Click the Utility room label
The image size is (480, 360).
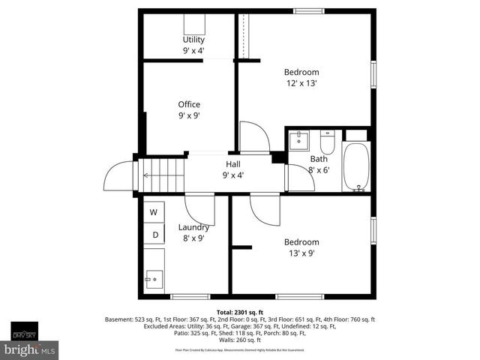pos(193,40)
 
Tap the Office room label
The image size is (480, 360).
pos(189,104)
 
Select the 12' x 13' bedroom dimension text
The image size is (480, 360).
pos(301,83)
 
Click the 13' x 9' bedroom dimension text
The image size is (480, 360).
pos(301,253)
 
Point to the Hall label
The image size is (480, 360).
pos(233,163)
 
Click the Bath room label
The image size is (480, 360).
pos(319,159)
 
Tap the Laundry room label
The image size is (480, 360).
pos(193,227)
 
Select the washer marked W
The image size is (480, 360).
pos(154,212)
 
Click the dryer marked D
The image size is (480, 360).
pos(154,235)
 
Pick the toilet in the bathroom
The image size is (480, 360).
pos(327,142)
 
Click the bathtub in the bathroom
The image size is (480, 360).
pos(355,166)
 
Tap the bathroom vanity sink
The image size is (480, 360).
pos(298,139)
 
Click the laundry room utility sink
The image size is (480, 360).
pos(154,279)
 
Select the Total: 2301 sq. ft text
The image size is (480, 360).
pos(240,312)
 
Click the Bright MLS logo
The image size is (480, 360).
pos(30,349)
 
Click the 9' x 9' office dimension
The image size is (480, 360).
pos(189,116)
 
